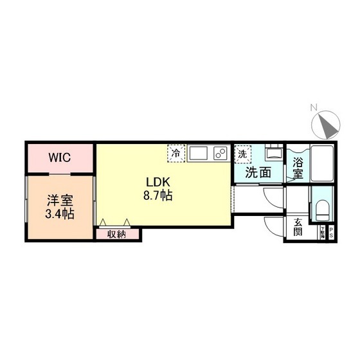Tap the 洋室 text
pyautogui.click(x=59, y=200)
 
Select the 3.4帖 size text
pyautogui.click(x=59, y=213)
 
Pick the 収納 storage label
pyautogui.click(x=116, y=233)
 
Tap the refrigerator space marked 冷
pyautogui.click(x=175, y=154)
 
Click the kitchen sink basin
pyautogui.click(x=198, y=154)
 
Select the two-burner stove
pyautogui.click(x=220, y=154)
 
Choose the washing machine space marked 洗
pyautogui.click(x=242, y=154)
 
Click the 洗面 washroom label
pyautogui.click(x=257, y=172)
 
